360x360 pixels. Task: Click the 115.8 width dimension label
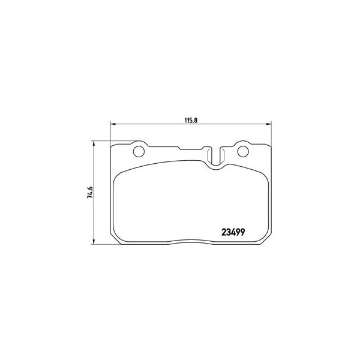(191, 121)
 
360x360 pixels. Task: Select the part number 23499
(233, 233)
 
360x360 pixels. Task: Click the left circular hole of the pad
(139, 152)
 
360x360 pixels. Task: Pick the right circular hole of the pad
(243, 152)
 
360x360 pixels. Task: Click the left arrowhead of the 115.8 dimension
(113, 124)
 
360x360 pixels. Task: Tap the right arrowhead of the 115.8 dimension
(269, 124)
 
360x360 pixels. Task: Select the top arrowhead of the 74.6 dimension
(94, 143)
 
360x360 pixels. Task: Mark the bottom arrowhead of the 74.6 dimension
(94, 242)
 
